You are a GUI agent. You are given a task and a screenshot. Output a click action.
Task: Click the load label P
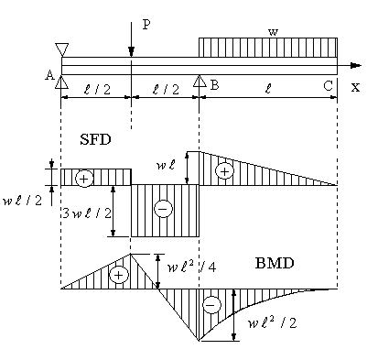point(146,25)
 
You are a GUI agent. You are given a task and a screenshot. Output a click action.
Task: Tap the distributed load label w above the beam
point(273,32)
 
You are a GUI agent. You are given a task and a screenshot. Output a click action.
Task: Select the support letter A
point(49,74)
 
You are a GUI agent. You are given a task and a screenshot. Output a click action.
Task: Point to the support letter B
point(214,85)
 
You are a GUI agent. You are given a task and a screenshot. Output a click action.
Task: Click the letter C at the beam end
point(328,86)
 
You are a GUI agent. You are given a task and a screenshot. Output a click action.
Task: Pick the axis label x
point(355,88)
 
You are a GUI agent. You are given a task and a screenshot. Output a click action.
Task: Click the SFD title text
point(95,140)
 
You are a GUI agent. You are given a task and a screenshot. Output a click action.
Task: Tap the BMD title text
point(275,263)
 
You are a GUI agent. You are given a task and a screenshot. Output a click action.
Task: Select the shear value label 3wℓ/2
point(87,213)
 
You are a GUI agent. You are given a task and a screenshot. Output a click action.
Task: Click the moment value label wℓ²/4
point(192,267)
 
